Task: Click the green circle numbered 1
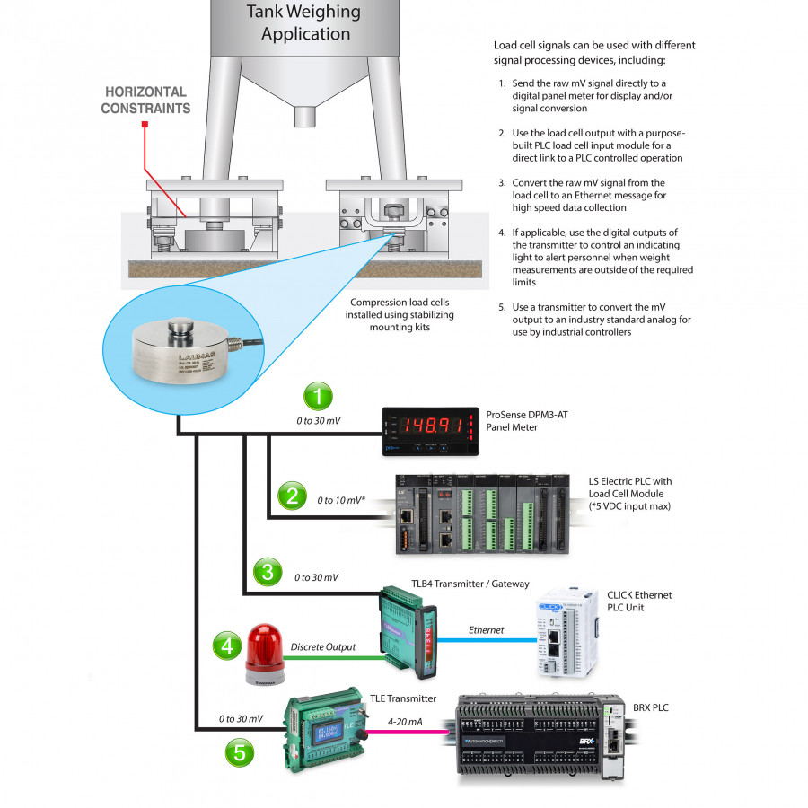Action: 317,397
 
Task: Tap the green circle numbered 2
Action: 291,496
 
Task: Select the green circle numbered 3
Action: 267,571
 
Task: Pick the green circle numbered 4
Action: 227,646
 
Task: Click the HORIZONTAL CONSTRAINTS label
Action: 145,100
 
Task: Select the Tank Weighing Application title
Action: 303,23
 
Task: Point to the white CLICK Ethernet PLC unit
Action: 563,628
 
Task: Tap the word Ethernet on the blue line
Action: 486,630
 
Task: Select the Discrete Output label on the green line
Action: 322,646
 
